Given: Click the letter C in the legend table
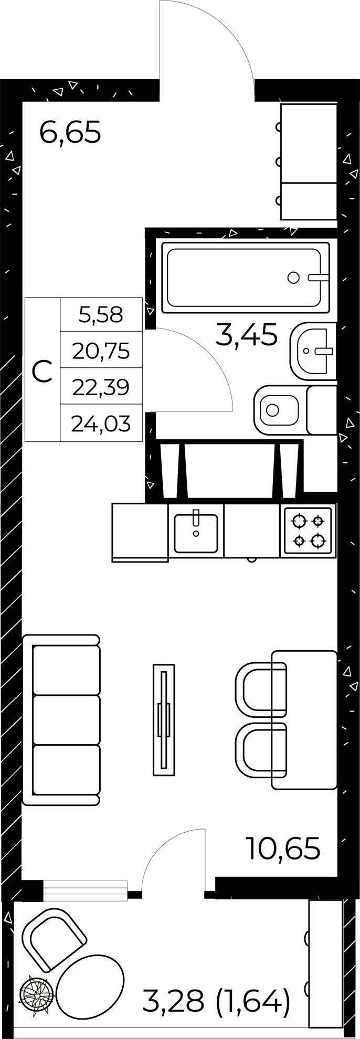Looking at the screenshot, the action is pos(42,370).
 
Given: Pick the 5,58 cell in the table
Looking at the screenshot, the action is pos(101,314).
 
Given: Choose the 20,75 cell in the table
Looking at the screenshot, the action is pos(101,350).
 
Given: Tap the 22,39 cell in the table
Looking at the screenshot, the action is pos(101,386).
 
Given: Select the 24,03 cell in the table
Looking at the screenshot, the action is pos(101,422).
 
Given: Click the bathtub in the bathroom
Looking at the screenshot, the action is pos(246,278).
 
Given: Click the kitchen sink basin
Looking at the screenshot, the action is pos(196,533).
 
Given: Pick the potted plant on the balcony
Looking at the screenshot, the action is pos(36,991).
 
